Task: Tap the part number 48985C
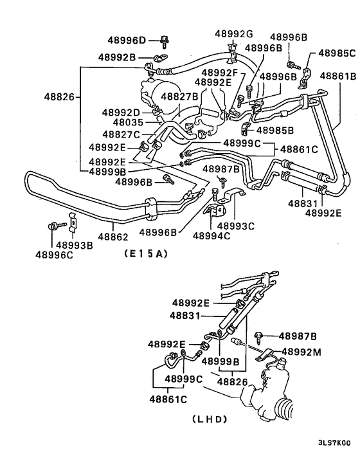[x=334, y=54]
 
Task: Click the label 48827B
[x=181, y=96]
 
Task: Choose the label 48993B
[x=75, y=244]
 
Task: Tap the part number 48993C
[x=235, y=226]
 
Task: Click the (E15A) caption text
[x=144, y=254]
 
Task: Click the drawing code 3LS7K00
[x=334, y=443]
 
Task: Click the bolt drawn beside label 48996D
[x=165, y=41]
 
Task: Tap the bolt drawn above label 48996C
[x=53, y=226]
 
